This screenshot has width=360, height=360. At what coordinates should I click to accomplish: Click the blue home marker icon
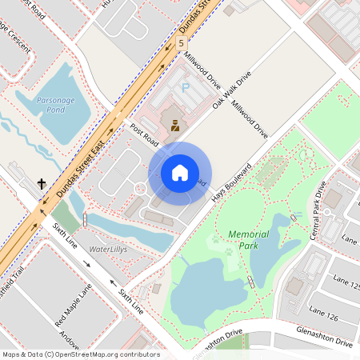click(x=180, y=173)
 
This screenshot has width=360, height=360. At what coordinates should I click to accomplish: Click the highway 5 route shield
click(x=182, y=42)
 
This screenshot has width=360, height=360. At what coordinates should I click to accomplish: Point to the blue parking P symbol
click(x=186, y=87)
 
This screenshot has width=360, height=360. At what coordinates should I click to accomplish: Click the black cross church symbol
click(x=42, y=184)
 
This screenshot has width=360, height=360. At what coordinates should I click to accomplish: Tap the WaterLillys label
click(x=107, y=250)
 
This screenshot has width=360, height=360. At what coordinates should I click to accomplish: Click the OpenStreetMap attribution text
click(x=80, y=354)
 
